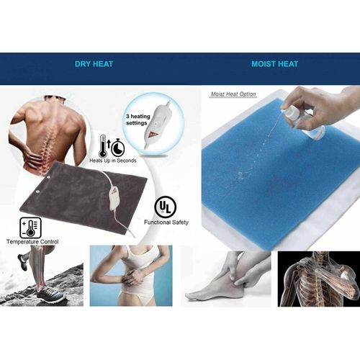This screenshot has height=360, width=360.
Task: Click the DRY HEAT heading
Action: (x=94, y=64)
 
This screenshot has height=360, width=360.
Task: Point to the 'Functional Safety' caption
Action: (x=166, y=222)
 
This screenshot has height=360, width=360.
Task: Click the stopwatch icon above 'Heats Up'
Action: (x=117, y=148)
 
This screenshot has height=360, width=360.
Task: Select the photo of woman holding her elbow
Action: (x=130, y=276)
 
